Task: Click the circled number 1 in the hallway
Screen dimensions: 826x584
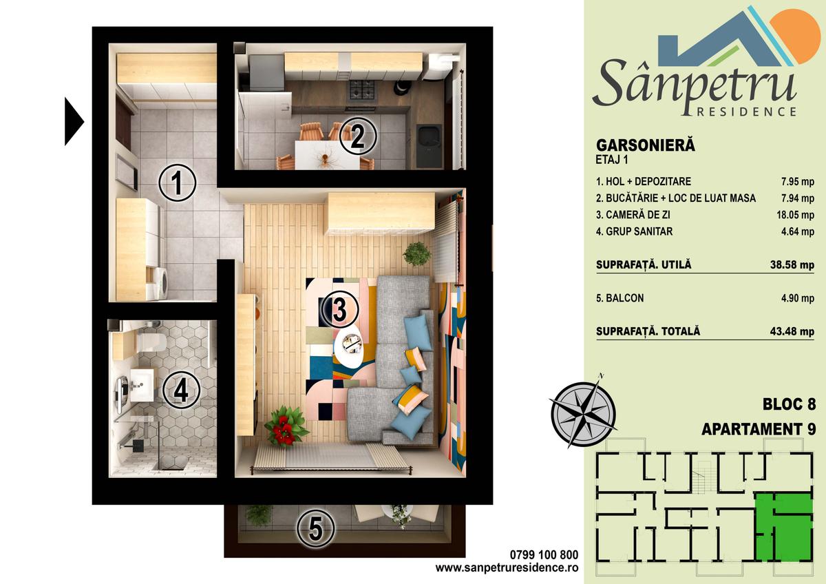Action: [177, 182]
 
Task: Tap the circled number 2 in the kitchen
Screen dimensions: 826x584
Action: [358, 136]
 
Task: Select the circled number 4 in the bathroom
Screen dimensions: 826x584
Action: [182, 390]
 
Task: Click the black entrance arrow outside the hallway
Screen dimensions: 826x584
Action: [74, 121]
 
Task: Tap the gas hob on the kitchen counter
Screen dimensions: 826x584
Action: [362, 90]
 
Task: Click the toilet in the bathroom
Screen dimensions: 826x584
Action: [151, 342]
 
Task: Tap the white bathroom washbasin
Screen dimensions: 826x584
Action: [142, 385]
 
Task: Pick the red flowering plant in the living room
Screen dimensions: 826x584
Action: [286, 426]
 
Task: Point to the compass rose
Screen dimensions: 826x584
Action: [583, 415]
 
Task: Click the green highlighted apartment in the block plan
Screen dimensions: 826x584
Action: [784, 532]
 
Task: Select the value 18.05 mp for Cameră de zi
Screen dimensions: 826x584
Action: [795, 215]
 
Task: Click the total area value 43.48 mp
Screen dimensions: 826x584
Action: [792, 331]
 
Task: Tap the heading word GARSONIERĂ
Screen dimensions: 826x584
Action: [646, 145]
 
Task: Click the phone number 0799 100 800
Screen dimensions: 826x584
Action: [544, 555]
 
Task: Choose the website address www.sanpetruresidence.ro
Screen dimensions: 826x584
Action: [507, 568]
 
